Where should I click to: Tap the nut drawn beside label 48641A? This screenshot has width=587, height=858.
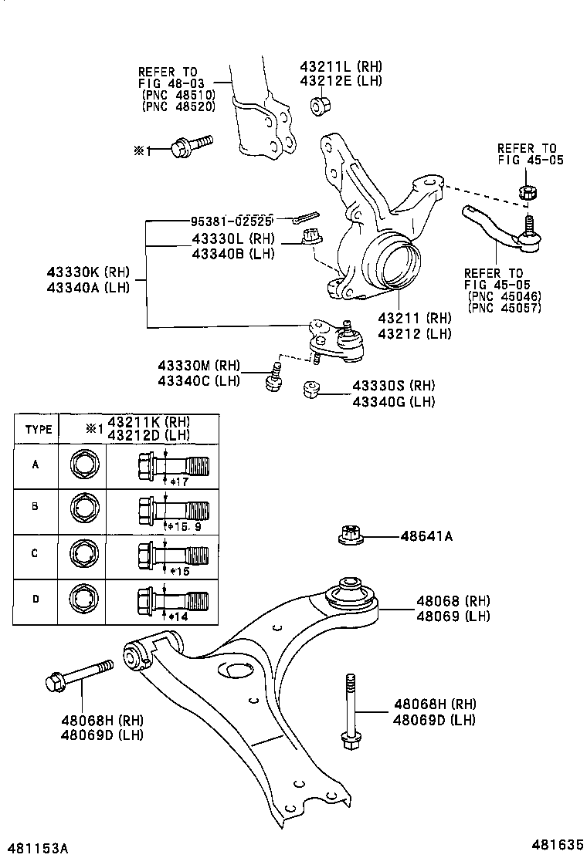click(350, 534)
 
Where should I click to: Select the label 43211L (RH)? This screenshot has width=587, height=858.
click(341, 66)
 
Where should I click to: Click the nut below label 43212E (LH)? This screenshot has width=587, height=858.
click(322, 105)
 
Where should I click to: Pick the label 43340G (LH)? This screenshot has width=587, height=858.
click(394, 400)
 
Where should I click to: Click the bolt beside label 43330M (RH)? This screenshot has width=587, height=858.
click(273, 377)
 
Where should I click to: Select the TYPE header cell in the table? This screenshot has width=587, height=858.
click(39, 429)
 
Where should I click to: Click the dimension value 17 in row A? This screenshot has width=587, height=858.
click(181, 482)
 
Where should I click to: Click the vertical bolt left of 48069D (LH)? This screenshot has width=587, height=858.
click(350, 711)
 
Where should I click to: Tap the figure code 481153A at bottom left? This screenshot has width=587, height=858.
click(38, 847)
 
